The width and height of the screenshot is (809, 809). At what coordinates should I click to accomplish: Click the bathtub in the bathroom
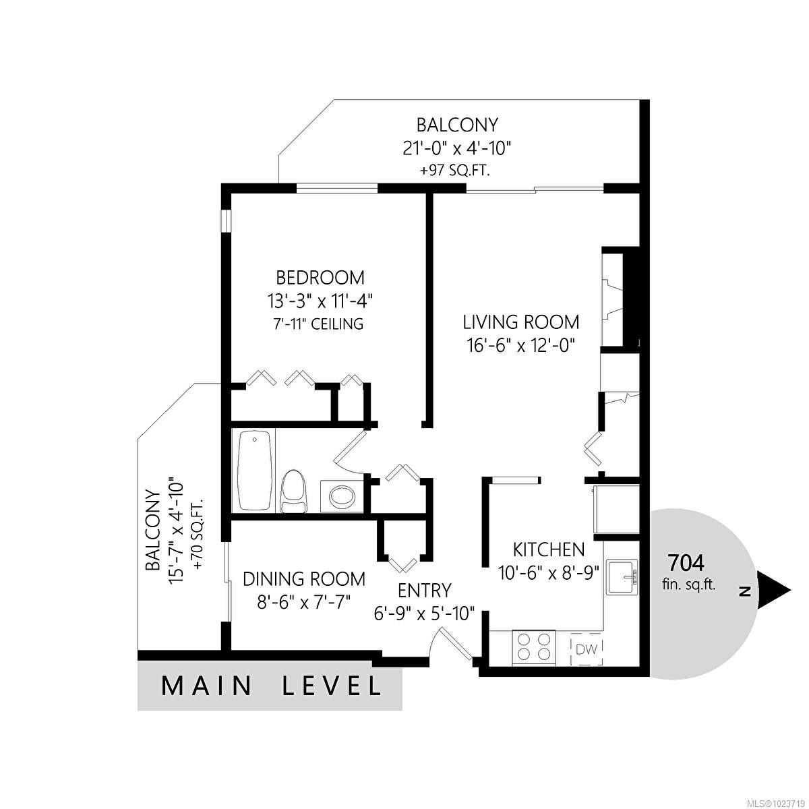255,470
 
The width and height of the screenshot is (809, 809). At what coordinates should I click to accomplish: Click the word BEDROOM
320,277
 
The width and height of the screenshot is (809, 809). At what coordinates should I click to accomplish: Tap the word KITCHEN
548,548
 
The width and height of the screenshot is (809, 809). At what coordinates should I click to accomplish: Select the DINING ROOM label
304,578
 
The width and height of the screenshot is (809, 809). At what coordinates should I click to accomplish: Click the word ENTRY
424,591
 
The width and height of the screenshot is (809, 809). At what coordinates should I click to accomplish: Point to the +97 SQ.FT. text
454,171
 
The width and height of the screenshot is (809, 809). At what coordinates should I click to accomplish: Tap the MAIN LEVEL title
271,686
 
